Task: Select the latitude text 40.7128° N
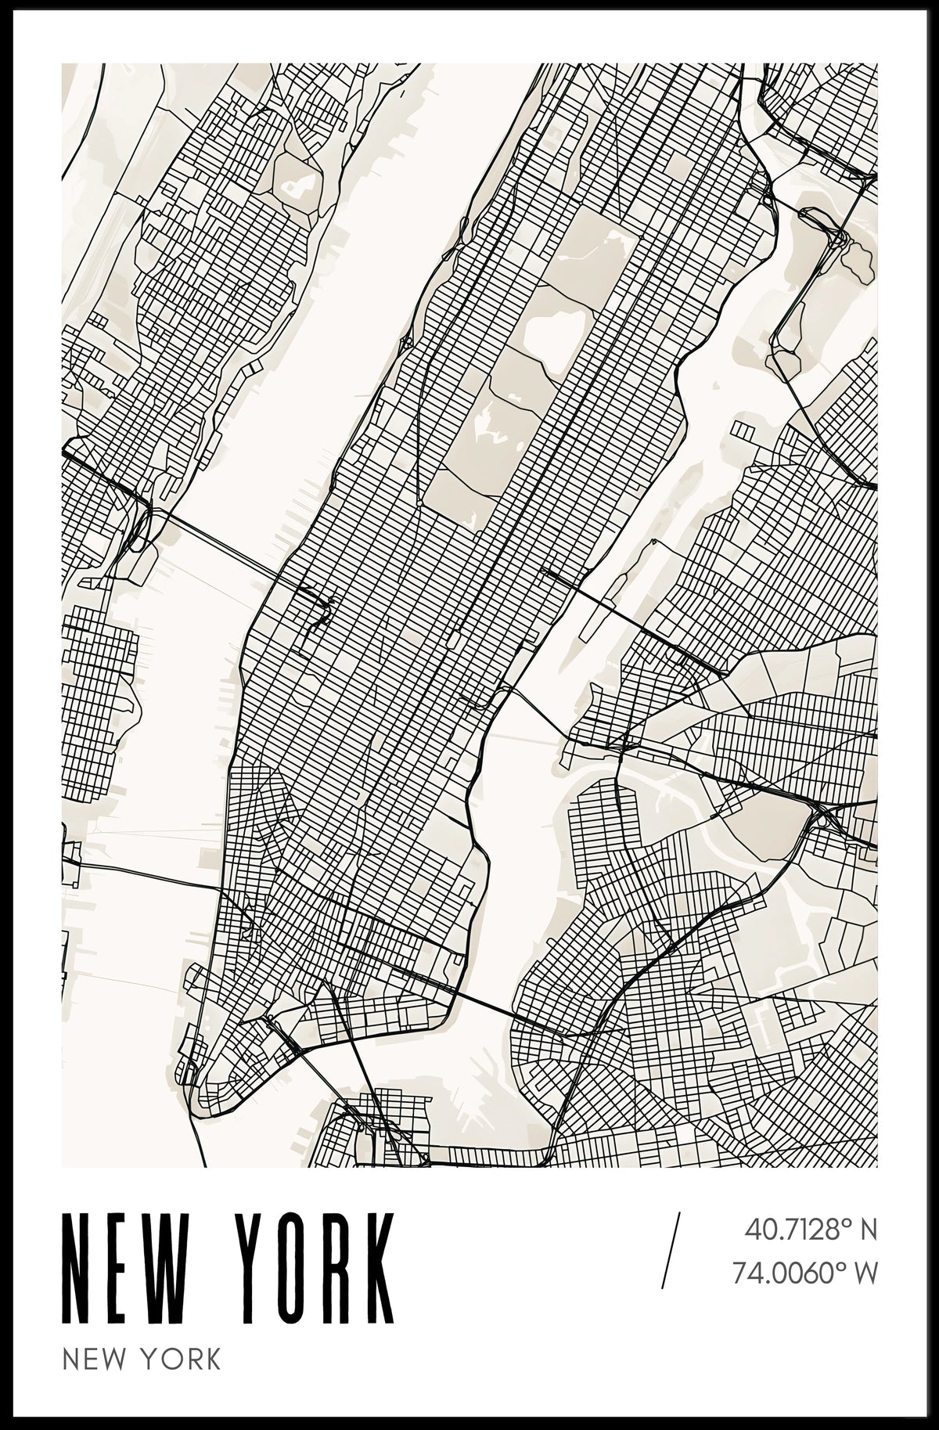[x=810, y=1230]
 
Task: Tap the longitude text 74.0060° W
[x=804, y=1273]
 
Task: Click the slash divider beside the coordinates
[x=671, y=1250]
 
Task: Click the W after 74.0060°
[x=864, y=1273]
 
